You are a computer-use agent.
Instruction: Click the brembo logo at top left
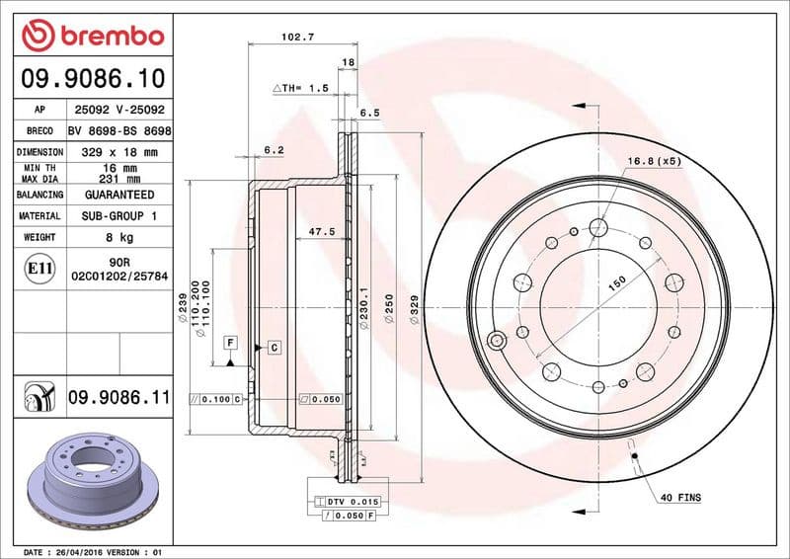coord(92,36)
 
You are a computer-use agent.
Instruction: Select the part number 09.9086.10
coord(92,77)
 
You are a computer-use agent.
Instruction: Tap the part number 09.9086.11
coord(118,398)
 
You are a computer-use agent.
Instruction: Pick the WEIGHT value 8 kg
coord(119,237)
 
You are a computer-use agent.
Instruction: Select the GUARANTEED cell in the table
coord(119,195)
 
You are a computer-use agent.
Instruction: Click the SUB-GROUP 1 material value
coord(119,215)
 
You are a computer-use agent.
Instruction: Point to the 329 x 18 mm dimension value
coord(119,152)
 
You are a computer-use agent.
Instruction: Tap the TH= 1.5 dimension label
coord(301,88)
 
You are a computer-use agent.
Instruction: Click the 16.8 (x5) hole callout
coord(654,160)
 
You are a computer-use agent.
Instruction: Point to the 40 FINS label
coord(680,498)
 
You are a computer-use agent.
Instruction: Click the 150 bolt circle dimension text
coord(617,283)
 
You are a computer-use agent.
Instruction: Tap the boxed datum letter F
coord(230,343)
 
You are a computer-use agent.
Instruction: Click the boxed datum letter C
coord(274,347)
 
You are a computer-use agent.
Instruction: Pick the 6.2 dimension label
coord(274,149)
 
